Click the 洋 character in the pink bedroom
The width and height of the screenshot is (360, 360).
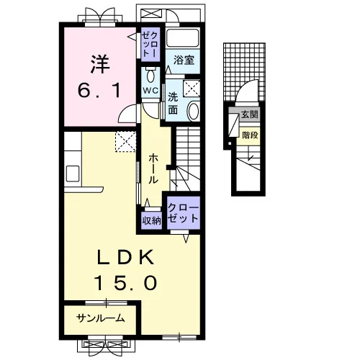[100, 64]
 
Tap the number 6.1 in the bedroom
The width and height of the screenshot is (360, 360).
[99, 91]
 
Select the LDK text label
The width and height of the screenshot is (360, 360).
[125, 257]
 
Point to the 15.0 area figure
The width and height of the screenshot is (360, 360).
[125, 282]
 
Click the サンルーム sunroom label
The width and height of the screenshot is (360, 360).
[101, 318]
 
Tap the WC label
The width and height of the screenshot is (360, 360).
[150, 91]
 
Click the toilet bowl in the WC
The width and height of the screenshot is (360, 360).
[150, 76]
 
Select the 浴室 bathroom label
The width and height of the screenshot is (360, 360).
[184, 60]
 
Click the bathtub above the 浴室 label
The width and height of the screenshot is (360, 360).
[183, 38]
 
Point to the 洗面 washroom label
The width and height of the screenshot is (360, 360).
[173, 104]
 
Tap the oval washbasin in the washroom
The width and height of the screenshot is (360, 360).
[193, 112]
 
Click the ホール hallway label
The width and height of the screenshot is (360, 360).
[153, 169]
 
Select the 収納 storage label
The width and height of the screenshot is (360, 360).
[151, 220]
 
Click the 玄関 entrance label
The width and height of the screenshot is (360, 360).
[250, 114]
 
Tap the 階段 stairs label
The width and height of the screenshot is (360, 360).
[250, 135]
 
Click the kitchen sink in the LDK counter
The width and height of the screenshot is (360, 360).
[73, 174]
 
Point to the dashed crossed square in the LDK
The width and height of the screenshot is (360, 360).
[125, 142]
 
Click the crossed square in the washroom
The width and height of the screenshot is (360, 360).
[192, 89]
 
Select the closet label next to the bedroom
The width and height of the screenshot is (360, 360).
[150, 45]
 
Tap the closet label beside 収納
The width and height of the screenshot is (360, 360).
[183, 212]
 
